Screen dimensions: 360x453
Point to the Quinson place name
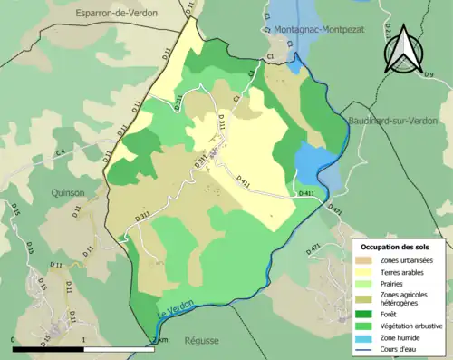pyautogui.click(x=68, y=192)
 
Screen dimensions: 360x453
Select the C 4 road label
pyautogui.click(x=61, y=151)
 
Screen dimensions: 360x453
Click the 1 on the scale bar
pyautogui.click(x=84, y=341)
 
